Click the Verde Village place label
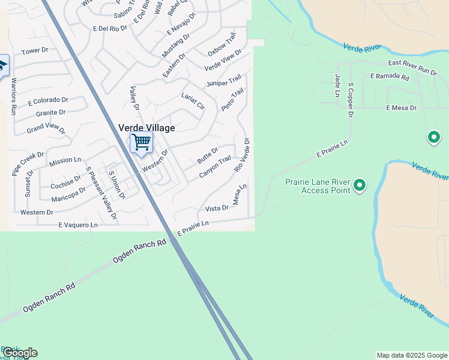click(146, 128)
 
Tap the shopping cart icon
click(141, 143)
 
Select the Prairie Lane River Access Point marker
click(360, 185)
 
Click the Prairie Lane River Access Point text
click(318, 186)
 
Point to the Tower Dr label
click(34, 52)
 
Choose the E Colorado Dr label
click(47, 100)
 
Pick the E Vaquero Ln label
click(78, 225)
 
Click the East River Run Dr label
click(412, 67)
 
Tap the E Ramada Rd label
click(390, 77)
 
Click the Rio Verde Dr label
click(242, 154)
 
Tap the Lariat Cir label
click(193, 100)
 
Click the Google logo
click(20, 353)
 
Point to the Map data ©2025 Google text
click(412, 355)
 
